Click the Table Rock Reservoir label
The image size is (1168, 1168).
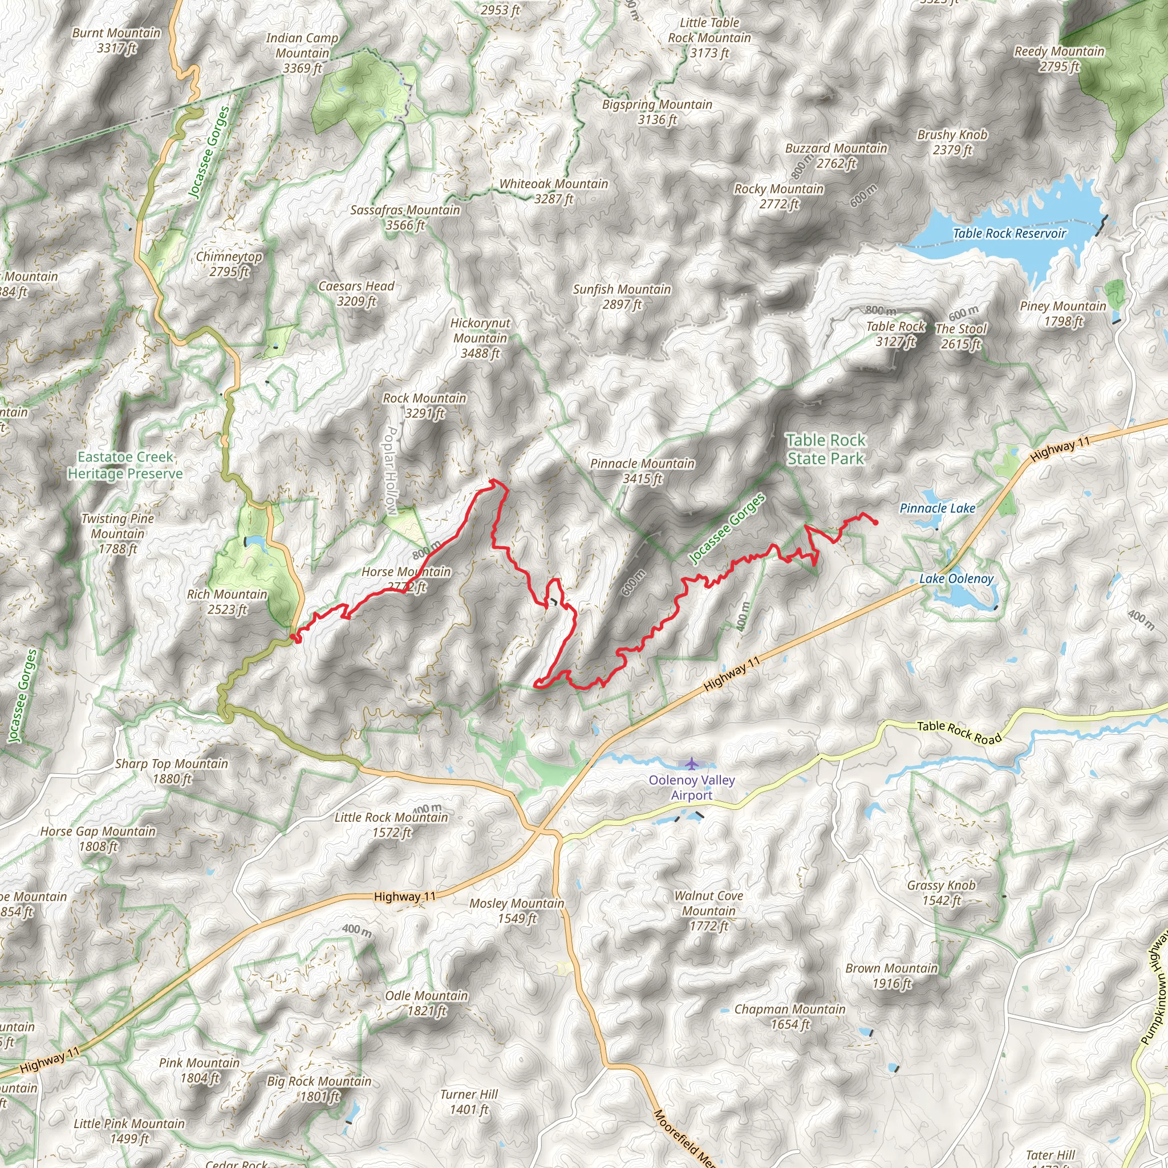point(1009,233)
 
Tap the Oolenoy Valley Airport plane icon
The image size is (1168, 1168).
point(692,763)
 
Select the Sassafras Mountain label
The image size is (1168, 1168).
point(405,217)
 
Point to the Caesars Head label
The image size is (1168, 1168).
point(356,293)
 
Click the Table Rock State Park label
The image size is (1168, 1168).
point(826,449)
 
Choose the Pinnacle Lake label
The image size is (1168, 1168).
point(937,508)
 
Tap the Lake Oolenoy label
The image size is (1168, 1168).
point(956,578)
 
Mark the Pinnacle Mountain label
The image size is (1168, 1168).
point(642,471)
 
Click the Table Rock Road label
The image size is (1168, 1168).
point(959,733)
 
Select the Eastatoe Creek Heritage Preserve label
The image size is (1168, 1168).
point(125,465)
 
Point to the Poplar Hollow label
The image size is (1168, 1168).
point(391,471)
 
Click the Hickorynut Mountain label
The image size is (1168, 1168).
point(480,338)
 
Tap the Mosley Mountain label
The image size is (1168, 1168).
point(517,910)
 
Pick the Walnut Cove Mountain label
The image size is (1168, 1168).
point(708,910)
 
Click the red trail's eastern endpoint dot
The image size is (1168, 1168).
point(875,522)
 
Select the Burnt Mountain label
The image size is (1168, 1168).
point(116,40)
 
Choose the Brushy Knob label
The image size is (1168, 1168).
point(952,141)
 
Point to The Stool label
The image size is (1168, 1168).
point(960,336)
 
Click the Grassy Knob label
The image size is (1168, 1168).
point(941,893)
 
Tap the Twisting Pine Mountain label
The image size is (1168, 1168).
point(117,533)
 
